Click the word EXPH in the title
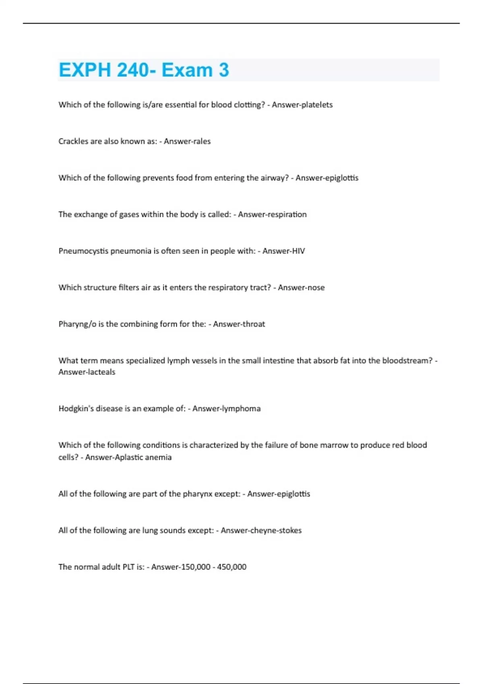click(85, 70)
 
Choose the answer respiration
click(286, 214)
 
